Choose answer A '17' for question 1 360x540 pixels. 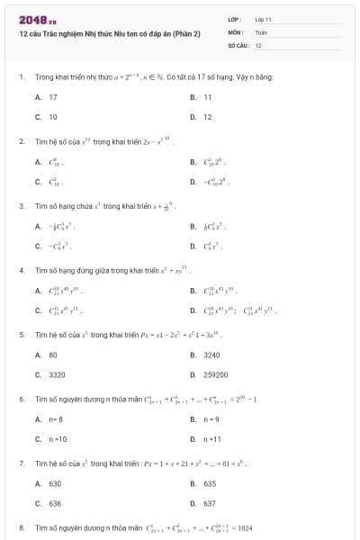[x=52, y=96]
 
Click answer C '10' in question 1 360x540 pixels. [x=52, y=117]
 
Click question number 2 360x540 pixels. [x=21, y=141]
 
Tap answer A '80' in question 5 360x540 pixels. [x=52, y=355]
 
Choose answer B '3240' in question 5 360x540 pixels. [x=211, y=355]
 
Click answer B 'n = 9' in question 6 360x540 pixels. [x=211, y=419]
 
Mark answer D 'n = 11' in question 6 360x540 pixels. [x=211, y=440]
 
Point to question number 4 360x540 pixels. [x=21, y=270]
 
